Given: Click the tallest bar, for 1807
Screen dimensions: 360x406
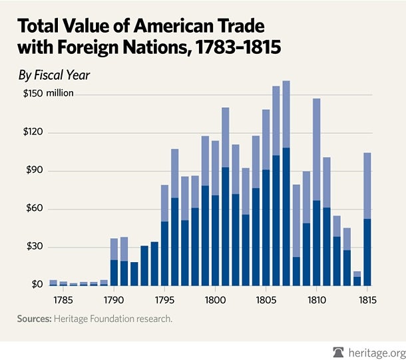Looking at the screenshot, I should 286,183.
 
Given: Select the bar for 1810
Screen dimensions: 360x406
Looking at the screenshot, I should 317,192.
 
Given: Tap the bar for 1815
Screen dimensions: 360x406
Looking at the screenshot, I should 367,220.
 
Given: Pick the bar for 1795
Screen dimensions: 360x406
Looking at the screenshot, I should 164,236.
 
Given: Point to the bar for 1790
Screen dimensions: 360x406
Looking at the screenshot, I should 114,262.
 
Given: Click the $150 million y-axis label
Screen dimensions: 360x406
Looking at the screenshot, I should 46,93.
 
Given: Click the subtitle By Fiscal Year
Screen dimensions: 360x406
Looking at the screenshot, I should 54,75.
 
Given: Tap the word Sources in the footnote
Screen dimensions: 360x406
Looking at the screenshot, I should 35,319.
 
